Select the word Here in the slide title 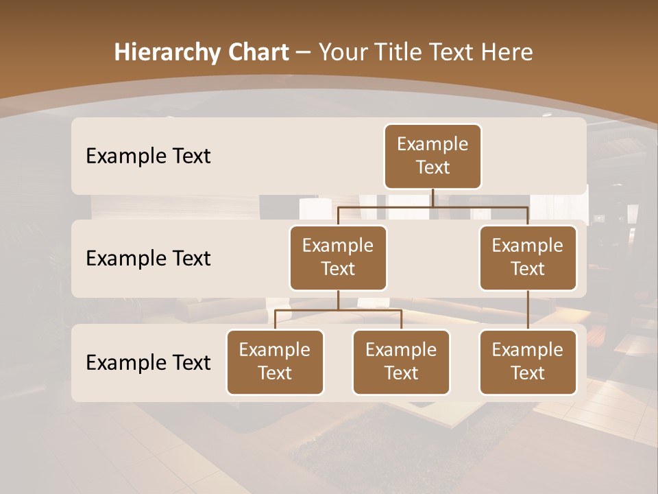point(508,52)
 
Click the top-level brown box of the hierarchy point(432,156)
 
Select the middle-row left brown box point(338,257)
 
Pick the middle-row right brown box point(528,257)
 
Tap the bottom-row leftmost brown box point(275,362)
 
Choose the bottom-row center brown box point(401,362)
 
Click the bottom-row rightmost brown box point(528,362)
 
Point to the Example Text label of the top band point(148,156)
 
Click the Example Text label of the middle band point(148,258)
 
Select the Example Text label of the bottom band point(148,362)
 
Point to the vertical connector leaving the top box point(432,198)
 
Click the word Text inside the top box point(432,167)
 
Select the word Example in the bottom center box point(401,350)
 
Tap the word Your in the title point(342,52)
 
